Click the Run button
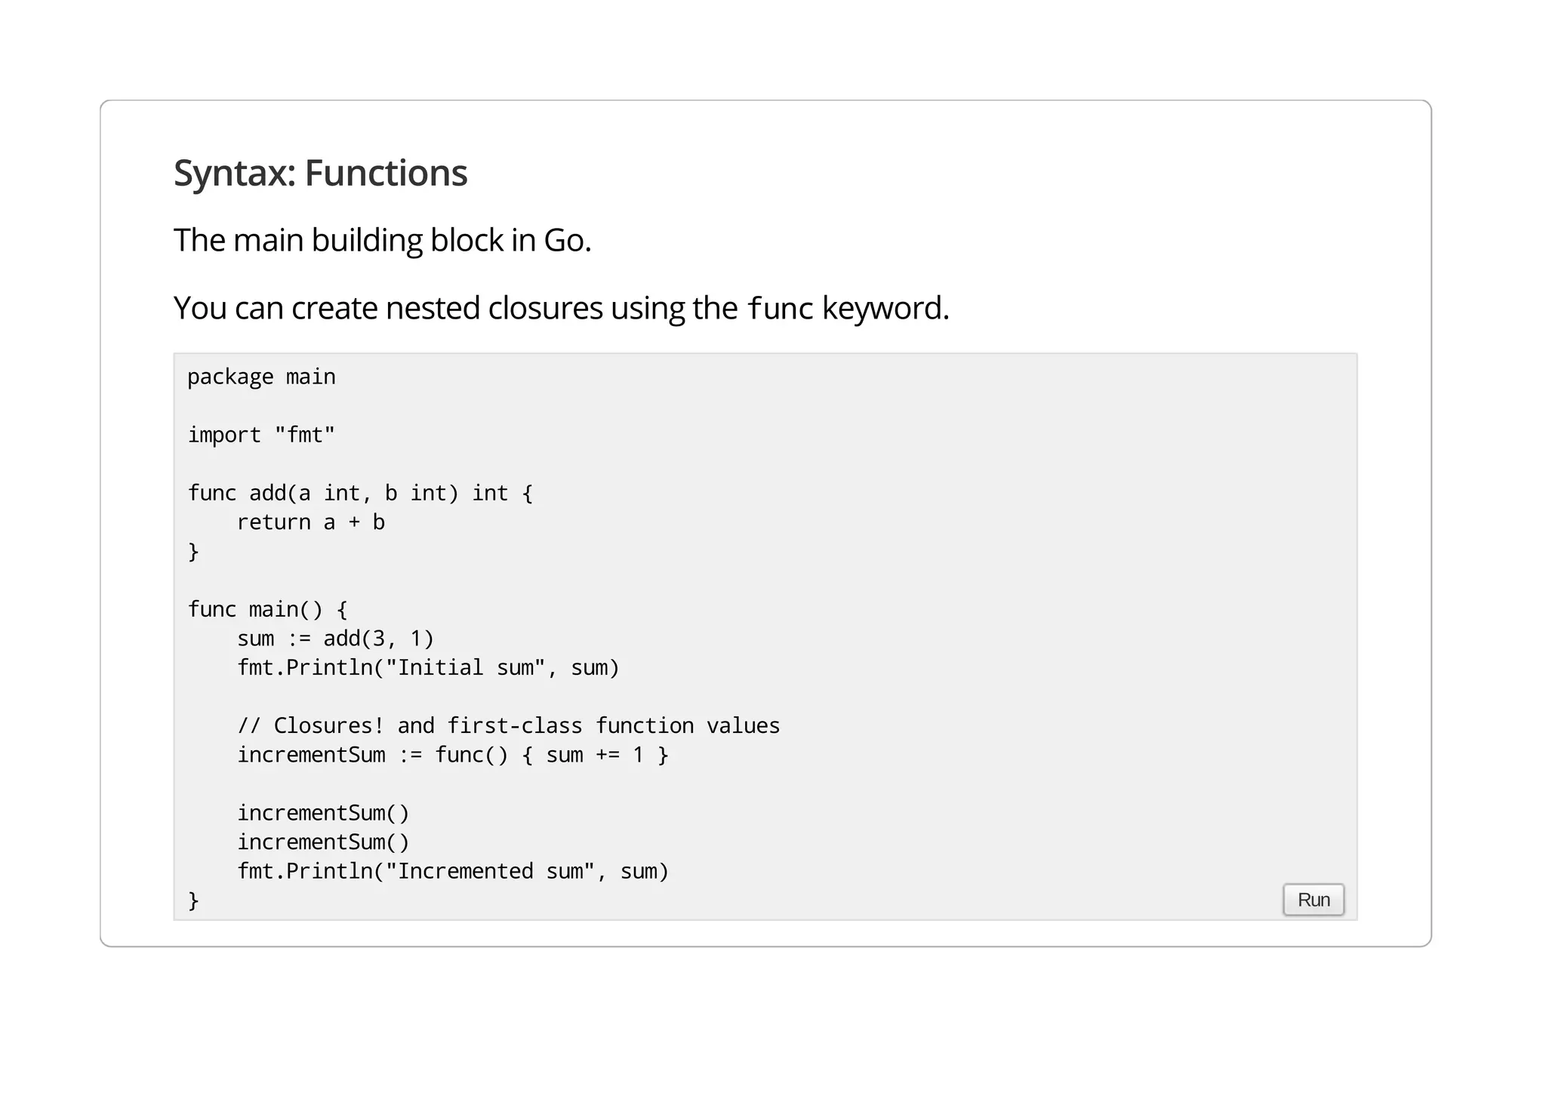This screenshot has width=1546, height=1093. pos(1313,900)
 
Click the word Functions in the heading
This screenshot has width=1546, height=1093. pos(386,173)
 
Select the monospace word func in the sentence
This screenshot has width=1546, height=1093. pos(780,309)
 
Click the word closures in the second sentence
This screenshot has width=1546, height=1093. pos(545,308)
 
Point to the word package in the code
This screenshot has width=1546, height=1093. pos(230,377)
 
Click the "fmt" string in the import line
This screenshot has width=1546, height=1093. pos(304,435)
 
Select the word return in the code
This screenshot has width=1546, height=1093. pos(273,522)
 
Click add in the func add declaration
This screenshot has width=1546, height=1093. pos(267,493)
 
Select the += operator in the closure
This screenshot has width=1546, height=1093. pos(608,755)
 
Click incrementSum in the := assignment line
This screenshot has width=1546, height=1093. pos(311,755)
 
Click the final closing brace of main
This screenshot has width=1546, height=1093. pos(193,900)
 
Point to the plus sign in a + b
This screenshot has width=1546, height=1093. pos(354,522)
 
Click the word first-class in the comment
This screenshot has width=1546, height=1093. pos(514,725)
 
